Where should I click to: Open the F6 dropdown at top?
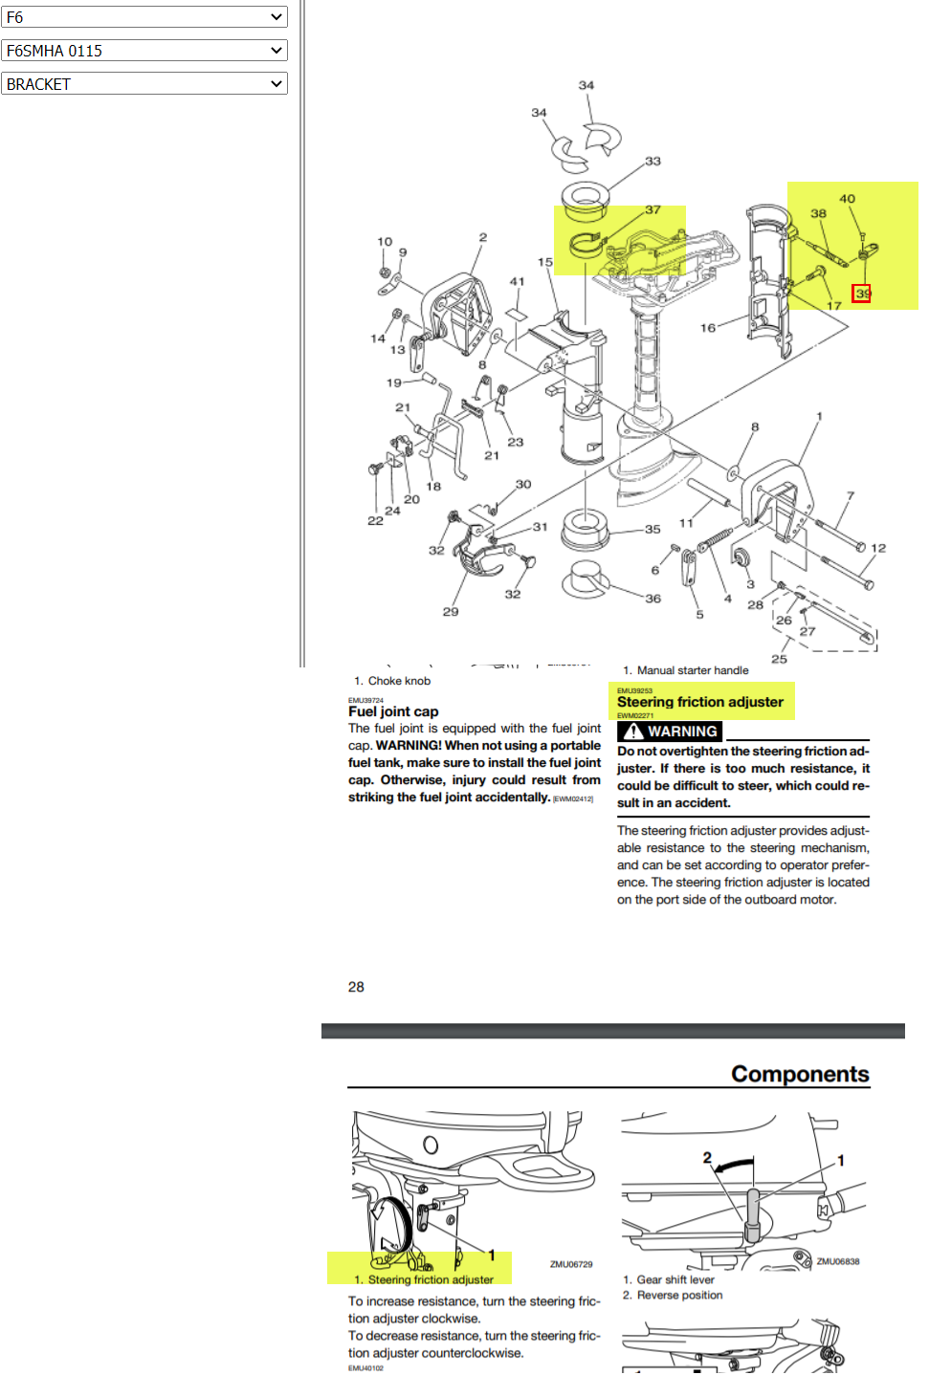point(144,17)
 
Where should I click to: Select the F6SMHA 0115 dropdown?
point(144,51)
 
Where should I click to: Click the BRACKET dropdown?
point(144,84)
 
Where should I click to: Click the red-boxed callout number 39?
point(862,294)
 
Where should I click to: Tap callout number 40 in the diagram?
point(847,199)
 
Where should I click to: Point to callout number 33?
point(653,161)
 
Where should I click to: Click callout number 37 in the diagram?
point(653,209)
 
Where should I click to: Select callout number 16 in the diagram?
point(707,328)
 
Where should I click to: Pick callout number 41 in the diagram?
point(517,281)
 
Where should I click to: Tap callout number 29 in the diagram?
point(451,612)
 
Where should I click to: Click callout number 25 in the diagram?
point(779,659)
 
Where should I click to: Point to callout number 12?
point(878,548)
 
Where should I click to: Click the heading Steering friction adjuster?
point(699,702)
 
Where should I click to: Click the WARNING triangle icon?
point(632,731)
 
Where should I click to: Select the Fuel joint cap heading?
point(393,711)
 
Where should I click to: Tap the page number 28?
point(356,987)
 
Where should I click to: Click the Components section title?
point(800,1074)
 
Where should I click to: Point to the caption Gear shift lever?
point(675,1279)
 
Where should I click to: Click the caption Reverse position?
point(679,1296)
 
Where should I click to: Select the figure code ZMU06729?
point(570,1264)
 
